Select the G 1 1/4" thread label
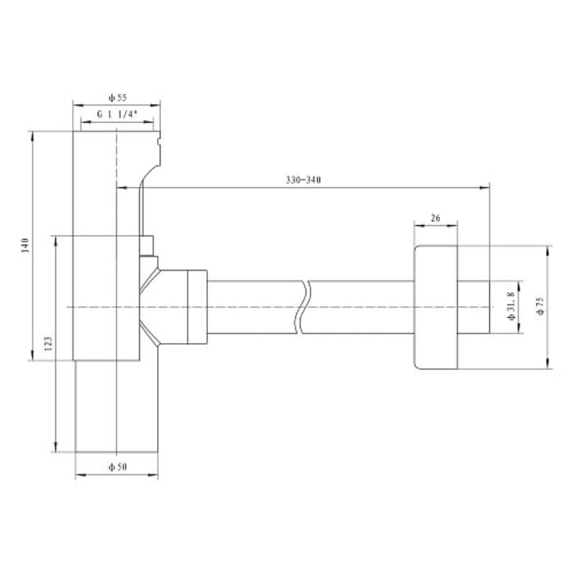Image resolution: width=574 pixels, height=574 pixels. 116,114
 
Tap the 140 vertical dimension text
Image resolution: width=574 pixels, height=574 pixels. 25,245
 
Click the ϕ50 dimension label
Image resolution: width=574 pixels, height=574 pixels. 118,467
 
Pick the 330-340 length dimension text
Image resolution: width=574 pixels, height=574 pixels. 303,180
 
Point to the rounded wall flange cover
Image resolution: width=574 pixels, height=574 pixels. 436,306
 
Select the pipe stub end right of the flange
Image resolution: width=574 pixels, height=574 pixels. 474,306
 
